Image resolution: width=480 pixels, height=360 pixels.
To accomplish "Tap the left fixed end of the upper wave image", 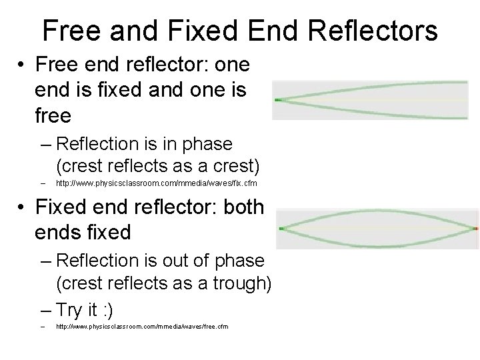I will point(277,100).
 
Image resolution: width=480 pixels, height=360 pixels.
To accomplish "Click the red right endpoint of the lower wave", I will point(475,229).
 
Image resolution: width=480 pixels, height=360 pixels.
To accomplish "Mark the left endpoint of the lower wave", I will point(281,229).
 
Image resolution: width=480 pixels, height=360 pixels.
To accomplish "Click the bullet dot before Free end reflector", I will point(23,65).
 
